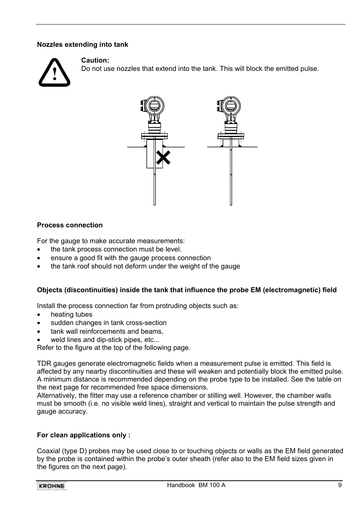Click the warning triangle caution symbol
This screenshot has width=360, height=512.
pos(54,73)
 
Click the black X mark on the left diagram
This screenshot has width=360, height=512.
pos(163,158)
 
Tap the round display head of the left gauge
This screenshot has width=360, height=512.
pos(155,106)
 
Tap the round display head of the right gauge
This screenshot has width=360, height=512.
pos(231,106)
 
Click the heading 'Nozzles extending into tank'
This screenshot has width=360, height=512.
pos(82,44)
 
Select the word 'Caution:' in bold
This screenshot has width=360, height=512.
pos(95,60)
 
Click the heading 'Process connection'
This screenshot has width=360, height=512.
pos(70,225)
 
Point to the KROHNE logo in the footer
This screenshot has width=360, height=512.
pos(52,486)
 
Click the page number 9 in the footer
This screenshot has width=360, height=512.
pos(340,485)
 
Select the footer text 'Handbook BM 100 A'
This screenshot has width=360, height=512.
pos(196,485)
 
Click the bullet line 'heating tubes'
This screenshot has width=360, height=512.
pos(71,314)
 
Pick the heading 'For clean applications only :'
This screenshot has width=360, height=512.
pos(83,435)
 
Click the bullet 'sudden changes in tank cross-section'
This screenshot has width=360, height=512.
pos(108,323)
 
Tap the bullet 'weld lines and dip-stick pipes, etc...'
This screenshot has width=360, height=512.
pos(105,340)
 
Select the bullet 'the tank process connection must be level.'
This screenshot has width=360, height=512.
pos(116,249)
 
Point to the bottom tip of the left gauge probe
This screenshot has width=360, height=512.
pos(155,204)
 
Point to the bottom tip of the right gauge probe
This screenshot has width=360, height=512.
pos(231,204)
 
